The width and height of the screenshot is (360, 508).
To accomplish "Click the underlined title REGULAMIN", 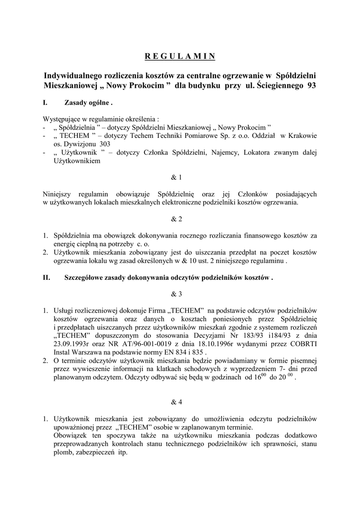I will click(x=180, y=56).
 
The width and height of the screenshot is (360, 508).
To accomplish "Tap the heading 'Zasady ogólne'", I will click(x=87, y=104).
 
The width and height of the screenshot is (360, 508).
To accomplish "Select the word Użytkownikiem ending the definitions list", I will click(x=77, y=161).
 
